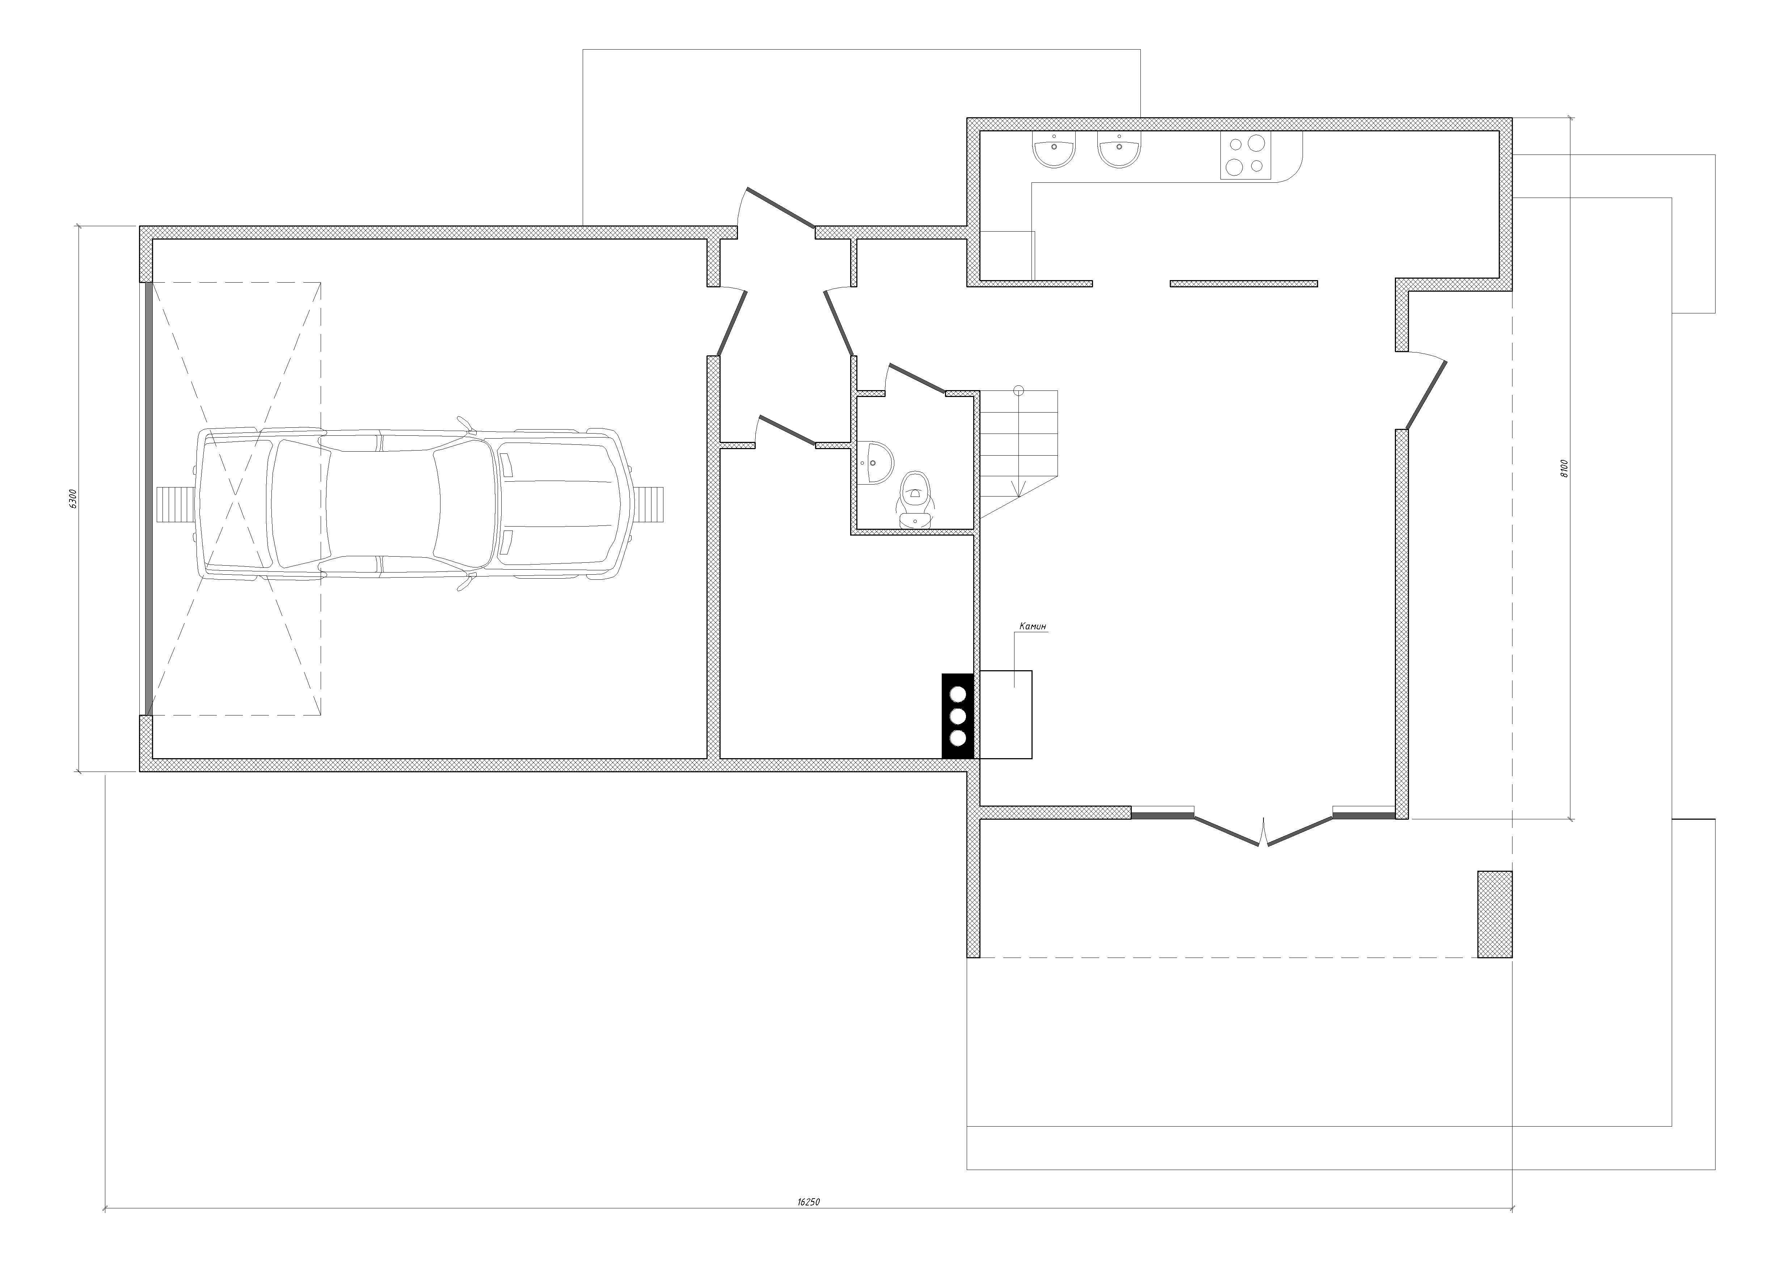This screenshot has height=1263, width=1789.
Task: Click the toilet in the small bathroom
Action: [916, 499]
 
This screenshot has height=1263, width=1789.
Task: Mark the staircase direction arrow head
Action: [1018, 491]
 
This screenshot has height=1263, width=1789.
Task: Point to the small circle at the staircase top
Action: [1018, 390]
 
